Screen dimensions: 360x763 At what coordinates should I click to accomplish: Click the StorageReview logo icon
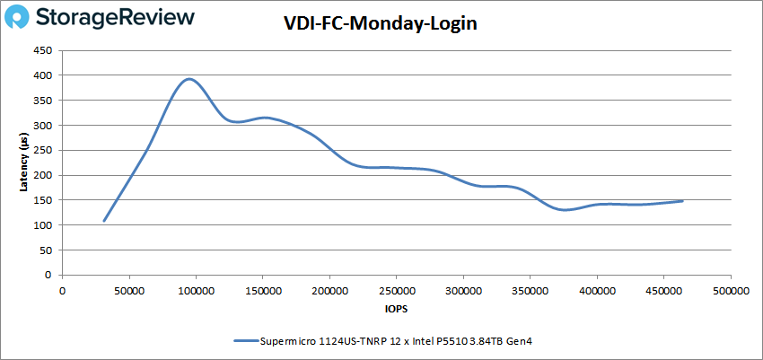[22, 17]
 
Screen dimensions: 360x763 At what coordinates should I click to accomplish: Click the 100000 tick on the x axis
[196, 291]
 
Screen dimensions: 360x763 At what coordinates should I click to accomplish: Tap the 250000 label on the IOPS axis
[396, 291]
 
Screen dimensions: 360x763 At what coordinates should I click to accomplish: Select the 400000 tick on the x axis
[597, 291]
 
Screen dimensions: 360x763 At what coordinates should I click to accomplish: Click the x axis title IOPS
[396, 308]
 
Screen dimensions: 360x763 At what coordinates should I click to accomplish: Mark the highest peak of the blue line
[189, 79]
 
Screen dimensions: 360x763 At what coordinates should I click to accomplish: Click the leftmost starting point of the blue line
[104, 221]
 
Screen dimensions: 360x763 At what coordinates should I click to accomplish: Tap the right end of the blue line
[683, 201]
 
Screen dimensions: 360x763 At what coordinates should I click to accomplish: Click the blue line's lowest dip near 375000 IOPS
[565, 210]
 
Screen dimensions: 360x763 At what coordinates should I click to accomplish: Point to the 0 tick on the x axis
[62, 291]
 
